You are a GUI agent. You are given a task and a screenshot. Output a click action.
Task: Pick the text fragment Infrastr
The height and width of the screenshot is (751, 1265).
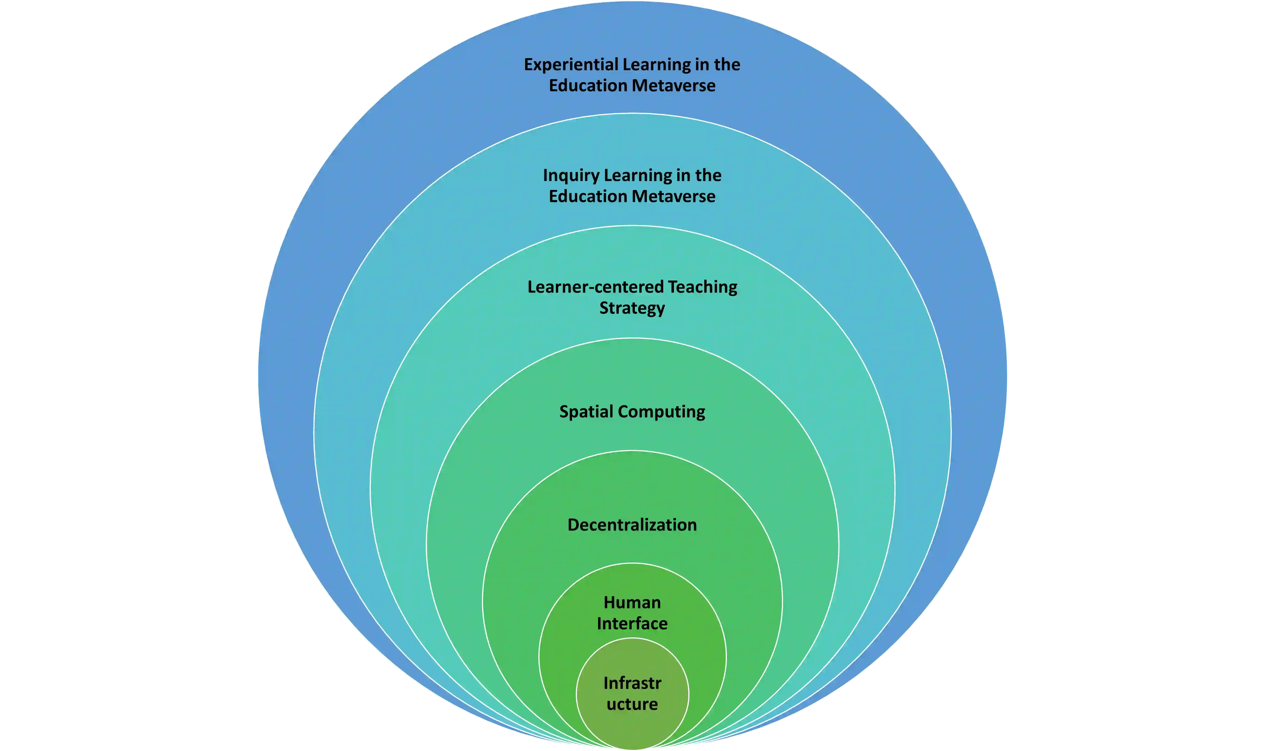pyautogui.click(x=632, y=683)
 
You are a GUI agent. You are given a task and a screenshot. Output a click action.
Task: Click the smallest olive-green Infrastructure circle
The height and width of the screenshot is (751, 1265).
pyautogui.click(x=632, y=729)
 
